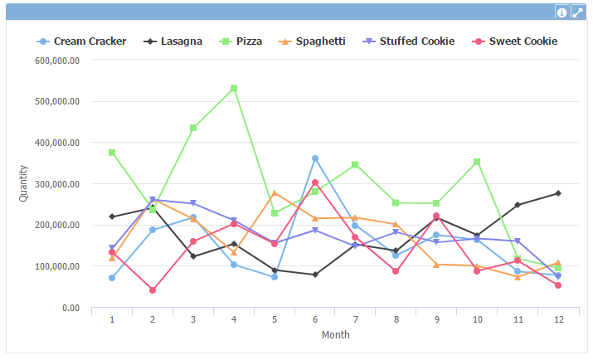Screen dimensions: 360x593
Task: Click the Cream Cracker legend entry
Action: click(81, 41)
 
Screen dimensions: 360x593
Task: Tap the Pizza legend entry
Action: click(245, 41)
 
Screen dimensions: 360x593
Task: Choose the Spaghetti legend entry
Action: click(312, 41)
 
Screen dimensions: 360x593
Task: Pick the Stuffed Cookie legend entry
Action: click(409, 41)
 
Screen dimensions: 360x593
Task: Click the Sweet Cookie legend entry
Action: click(515, 41)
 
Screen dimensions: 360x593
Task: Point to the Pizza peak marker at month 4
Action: click(234, 88)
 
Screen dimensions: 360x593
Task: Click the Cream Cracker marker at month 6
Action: click(315, 158)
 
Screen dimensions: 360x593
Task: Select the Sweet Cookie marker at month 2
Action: click(153, 290)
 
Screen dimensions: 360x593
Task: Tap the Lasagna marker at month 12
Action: click(558, 193)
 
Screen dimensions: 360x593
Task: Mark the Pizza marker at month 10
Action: click(477, 162)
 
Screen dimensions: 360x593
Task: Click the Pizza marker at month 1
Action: click(112, 153)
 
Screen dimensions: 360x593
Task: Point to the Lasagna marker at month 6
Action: click(315, 275)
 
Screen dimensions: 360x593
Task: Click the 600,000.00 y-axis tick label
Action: click(56, 61)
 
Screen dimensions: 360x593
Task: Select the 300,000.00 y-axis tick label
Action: click(56, 184)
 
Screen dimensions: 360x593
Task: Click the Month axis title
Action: click(335, 335)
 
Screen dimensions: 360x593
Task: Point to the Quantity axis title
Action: click(24, 183)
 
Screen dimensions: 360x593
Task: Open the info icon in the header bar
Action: click(561, 12)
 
